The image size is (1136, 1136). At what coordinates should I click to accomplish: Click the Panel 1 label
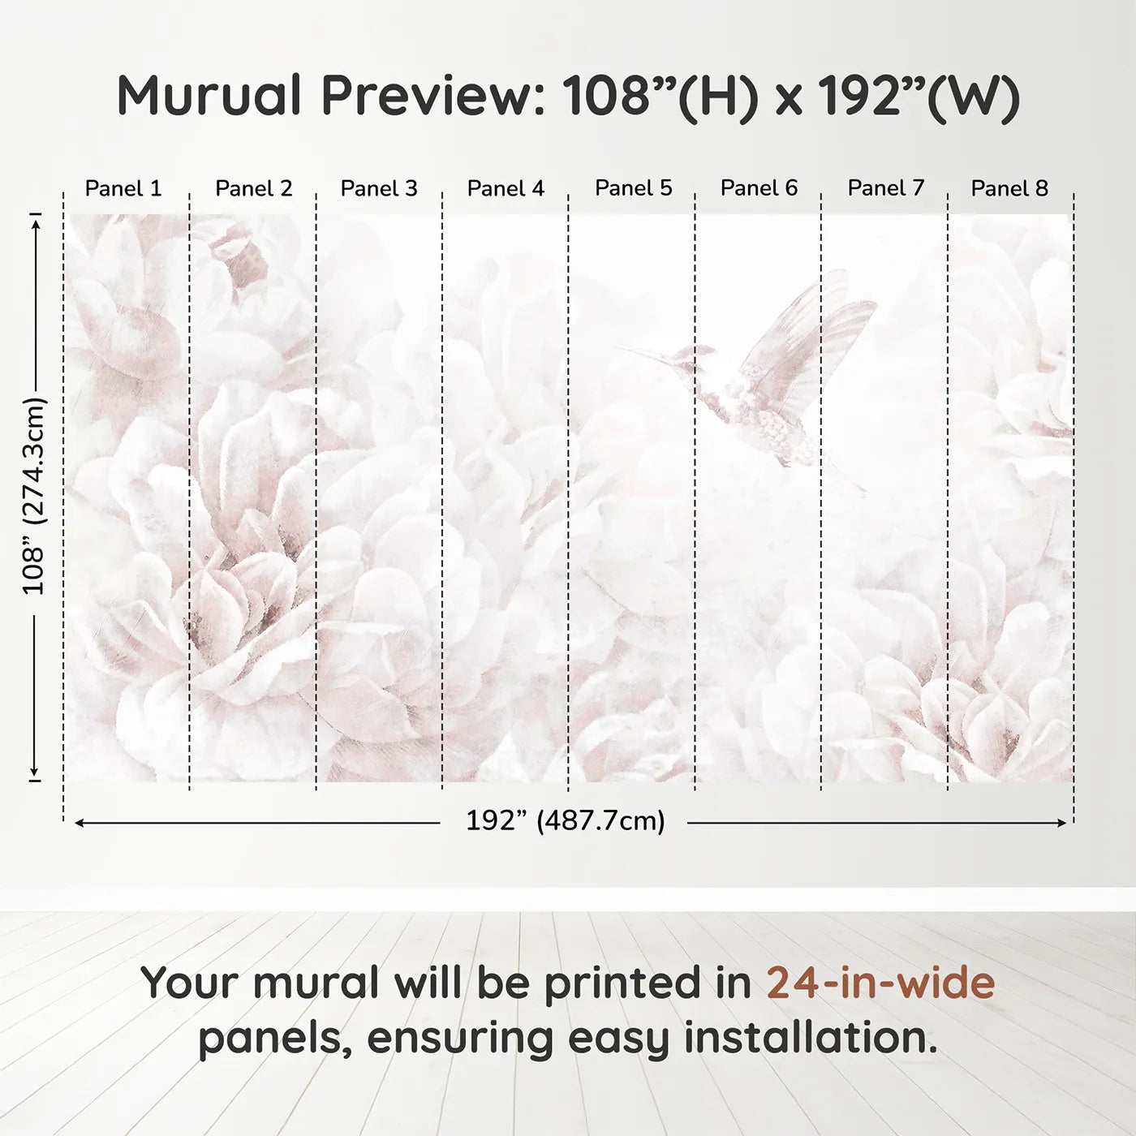(x=123, y=188)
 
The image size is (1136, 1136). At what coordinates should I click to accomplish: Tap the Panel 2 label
(x=253, y=188)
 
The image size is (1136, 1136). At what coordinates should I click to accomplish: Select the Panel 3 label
(x=379, y=188)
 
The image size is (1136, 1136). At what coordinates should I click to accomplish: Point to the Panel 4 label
(x=506, y=188)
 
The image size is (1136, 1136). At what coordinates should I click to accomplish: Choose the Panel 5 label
(x=634, y=188)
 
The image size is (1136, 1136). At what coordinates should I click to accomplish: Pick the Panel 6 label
(x=759, y=188)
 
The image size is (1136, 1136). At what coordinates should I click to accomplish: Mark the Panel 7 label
(x=886, y=188)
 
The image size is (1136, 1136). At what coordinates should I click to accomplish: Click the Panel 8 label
(x=1009, y=188)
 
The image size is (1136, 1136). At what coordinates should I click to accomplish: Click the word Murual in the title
(x=209, y=96)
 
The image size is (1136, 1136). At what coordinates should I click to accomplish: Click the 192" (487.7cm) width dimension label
(x=565, y=821)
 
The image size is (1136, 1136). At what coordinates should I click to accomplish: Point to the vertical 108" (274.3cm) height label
(x=34, y=496)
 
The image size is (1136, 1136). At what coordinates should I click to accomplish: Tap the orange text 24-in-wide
(x=880, y=983)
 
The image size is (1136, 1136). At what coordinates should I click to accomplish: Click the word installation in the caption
(x=809, y=1038)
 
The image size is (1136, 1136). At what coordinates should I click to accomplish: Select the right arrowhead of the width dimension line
(x=1062, y=823)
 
